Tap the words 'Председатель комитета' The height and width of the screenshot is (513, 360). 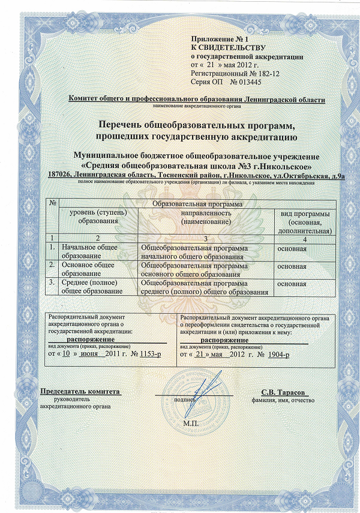[x=80, y=391]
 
